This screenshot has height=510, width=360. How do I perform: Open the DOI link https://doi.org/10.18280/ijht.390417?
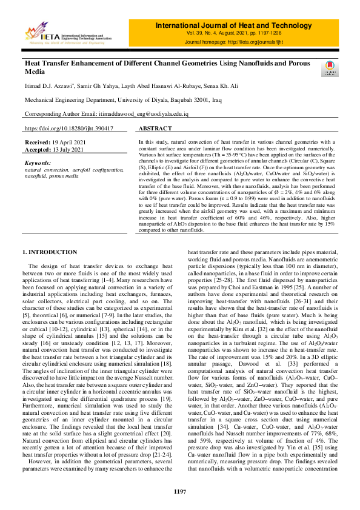tap(68, 129)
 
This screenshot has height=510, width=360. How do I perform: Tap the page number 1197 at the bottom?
tap(179, 491)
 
